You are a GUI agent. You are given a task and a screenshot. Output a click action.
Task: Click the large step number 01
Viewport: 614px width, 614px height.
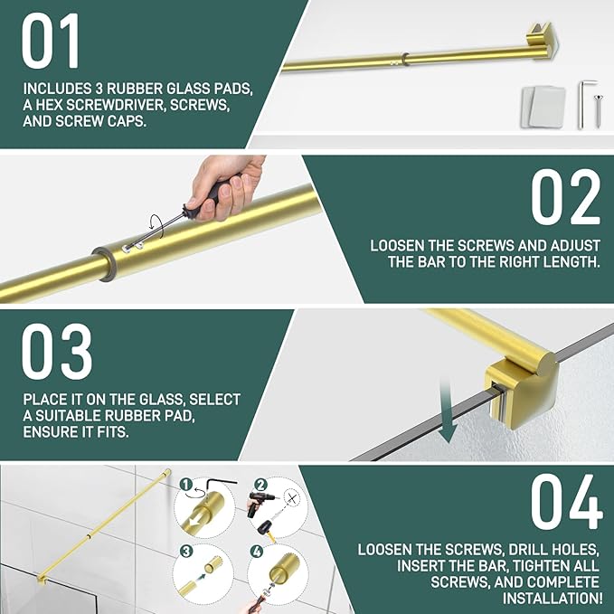pyautogui.click(x=51, y=41)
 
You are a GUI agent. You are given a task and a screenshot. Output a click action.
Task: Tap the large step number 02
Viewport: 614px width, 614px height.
pyautogui.click(x=565, y=197)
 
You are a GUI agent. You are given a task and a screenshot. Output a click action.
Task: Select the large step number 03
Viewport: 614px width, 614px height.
pyautogui.click(x=57, y=352)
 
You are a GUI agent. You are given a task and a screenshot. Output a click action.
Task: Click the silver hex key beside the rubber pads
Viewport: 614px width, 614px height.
pyautogui.click(x=585, y=104)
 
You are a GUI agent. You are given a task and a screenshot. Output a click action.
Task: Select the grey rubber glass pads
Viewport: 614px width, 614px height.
pyautogui.click(x=543, y=107)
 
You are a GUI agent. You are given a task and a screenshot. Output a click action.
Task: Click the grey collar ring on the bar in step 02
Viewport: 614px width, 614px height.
pyautogui.click(x=105, y=263)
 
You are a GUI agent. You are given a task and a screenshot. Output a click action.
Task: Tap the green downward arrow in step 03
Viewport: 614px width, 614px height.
pyautogui.click(x=448, y=412)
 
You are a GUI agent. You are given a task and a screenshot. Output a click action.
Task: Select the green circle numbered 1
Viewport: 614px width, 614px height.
pyautogui.click(x=186, y=485)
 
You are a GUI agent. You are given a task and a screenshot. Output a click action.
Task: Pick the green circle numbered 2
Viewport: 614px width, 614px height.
pyautogui.click(x=260, y=485)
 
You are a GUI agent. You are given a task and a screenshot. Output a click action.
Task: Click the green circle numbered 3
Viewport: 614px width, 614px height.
pyautogui.click(x=186, y=552)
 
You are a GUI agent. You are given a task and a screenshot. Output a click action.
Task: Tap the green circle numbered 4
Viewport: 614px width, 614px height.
pyautogui.click(x=256, y=552)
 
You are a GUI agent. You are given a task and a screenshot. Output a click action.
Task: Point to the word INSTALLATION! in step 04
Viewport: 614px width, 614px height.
pyautogui.click(x=553, y=598)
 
